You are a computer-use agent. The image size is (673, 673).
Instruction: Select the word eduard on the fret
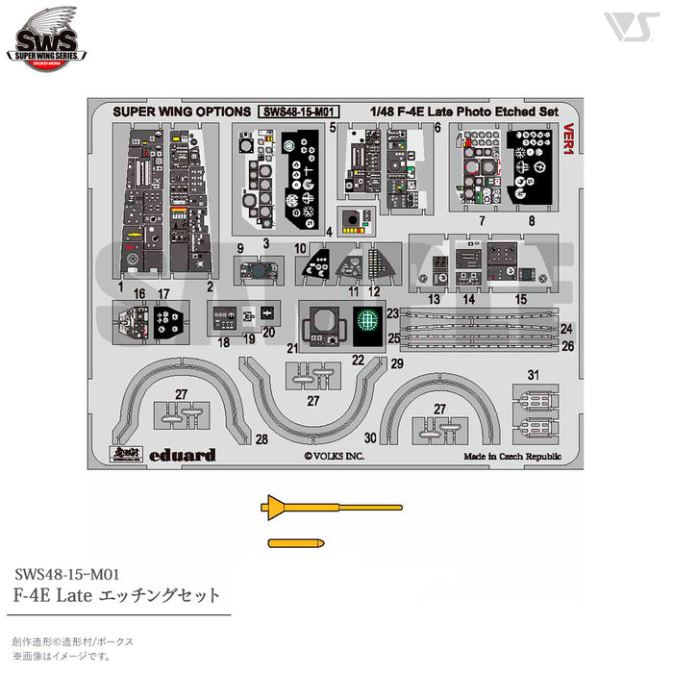pos(184,455)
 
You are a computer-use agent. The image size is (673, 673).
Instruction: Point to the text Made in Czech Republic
pos(511,457)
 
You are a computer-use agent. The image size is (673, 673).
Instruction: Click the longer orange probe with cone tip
pos(332,506)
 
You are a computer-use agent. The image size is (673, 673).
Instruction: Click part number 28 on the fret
pos(261,439)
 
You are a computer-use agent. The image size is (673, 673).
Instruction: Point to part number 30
pos(370,437)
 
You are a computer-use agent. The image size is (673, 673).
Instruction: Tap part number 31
pos(534,375)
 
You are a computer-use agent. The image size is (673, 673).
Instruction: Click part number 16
pos(140,292)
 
